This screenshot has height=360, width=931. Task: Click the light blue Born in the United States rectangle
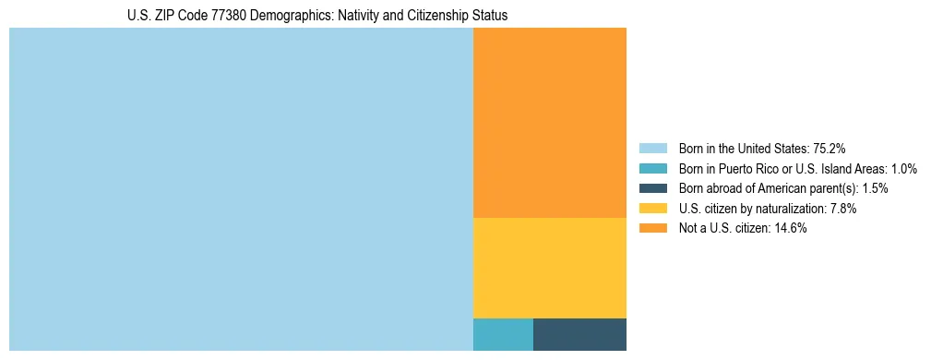coord(241,189)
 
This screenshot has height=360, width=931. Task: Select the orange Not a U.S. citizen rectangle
coord(549,123)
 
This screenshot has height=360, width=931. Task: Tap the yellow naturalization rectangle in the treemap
coord(549,268)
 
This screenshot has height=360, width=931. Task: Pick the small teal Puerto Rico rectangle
coord(503,334)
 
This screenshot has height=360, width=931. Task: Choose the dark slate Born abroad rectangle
coord(579,334)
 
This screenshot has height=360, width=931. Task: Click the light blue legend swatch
coord(652,148)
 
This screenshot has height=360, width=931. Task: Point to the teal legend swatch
coord(652,168)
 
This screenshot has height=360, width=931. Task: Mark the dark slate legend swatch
coord(652,188)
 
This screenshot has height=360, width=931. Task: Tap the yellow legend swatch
coord(652,209)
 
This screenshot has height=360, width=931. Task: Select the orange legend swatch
coord(652,229)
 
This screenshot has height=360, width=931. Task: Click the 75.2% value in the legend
coord(830,148)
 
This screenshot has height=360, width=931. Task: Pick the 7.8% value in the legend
coord(841,209)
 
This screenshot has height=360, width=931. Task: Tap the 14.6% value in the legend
coord(792,229)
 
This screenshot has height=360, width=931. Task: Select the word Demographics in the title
coord(304,16)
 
